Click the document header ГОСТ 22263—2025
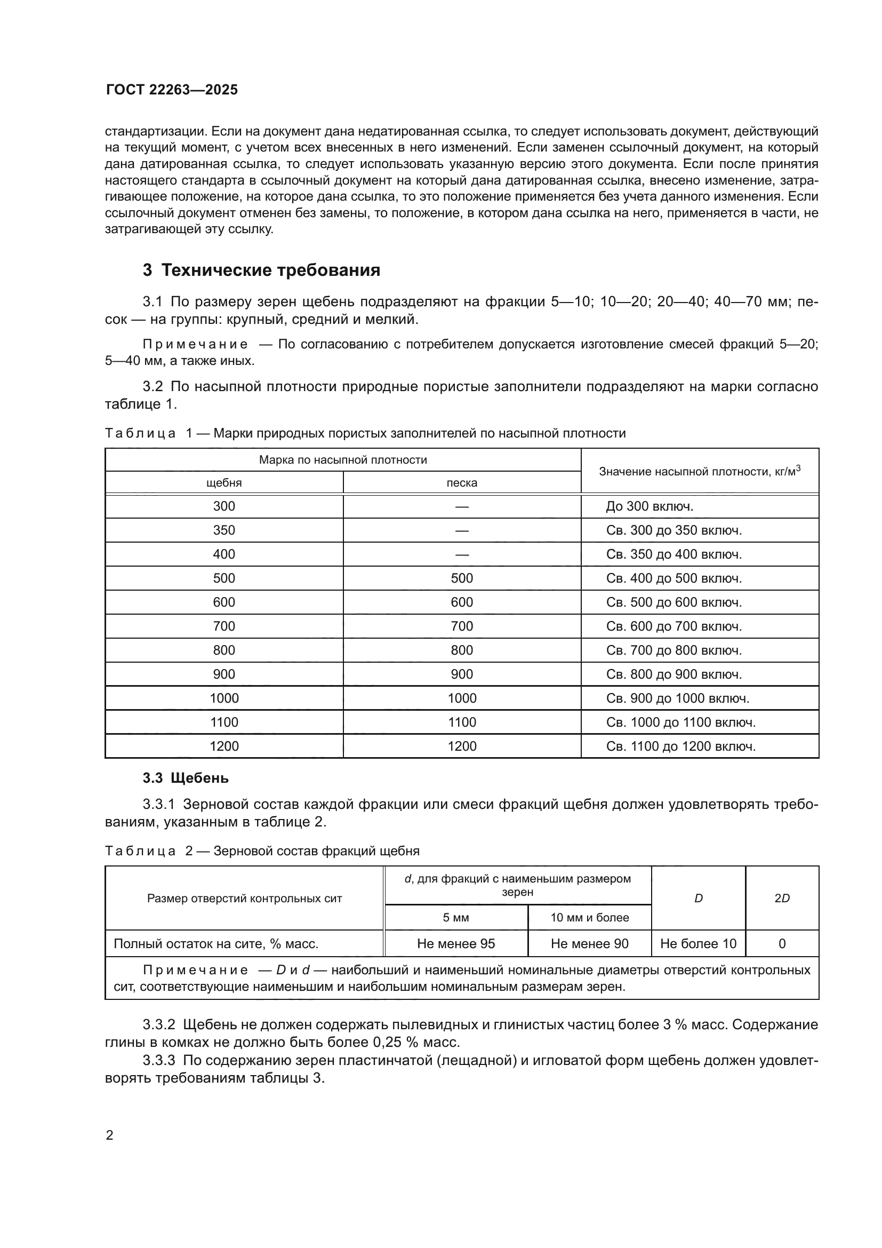[172, 90]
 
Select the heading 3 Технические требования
[261, 270]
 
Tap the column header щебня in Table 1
[224, 483]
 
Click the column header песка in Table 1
[462, 483]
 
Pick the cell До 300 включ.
[650, 506]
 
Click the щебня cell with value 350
[224, 530]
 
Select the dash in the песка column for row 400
[462, 554]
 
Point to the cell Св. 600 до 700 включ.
[673, 626]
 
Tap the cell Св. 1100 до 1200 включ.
[680, 746]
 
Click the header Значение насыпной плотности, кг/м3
[700, 471]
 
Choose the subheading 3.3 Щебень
[185, 778]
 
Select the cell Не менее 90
[589, 944]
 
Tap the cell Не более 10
[698, 944]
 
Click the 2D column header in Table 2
[782, 899]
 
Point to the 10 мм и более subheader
[589, 918]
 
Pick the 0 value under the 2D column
[782, 944]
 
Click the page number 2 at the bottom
[110, 1135]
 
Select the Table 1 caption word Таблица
[140, 433]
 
